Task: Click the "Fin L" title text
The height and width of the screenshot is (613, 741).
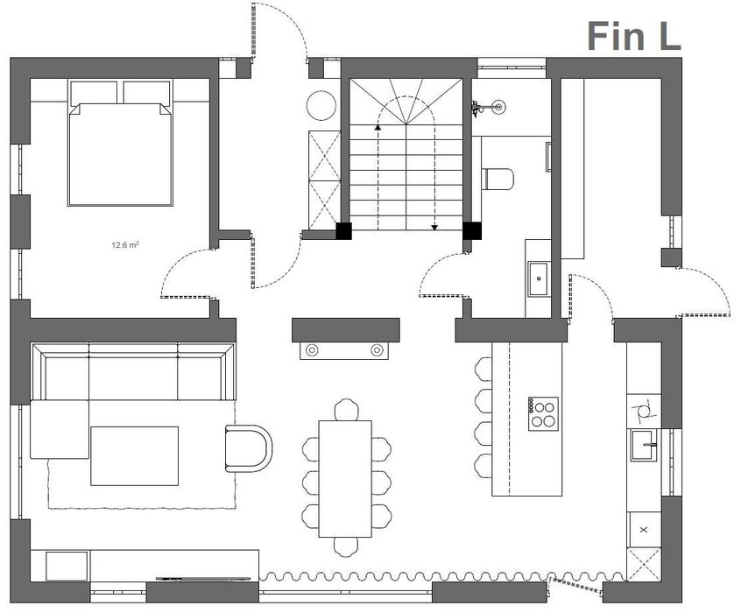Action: click(x=634, y=36)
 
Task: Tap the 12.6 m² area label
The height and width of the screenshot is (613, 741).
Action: click(x=124, y=245)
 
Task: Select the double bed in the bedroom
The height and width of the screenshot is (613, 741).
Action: click(x=121, y=143)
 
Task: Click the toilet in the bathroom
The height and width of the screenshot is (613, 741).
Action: click(x=498, y=180)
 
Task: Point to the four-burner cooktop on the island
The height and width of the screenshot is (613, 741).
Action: click(x=543, y=413)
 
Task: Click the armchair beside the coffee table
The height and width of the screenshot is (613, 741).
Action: click(x=249, y=448)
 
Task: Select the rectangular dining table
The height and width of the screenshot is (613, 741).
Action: click(x=345, y=479)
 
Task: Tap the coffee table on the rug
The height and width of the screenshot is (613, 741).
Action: click(x=135, y=455)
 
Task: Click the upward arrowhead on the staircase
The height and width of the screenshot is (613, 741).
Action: click(x=378, y=127)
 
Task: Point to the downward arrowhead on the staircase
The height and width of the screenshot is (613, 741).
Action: click(x=434, y=228)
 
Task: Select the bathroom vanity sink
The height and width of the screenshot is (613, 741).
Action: click(x=539, y=278)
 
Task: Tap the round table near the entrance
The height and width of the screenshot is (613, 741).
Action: click(x=321, y=106)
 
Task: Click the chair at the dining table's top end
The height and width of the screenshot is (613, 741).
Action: click(x=346, y=409)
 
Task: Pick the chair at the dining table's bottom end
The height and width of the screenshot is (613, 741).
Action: click(x=346, y=546)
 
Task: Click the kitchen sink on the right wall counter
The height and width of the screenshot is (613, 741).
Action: click(x=644, y=445)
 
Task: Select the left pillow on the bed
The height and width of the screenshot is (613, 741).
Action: click(x=94, y=93)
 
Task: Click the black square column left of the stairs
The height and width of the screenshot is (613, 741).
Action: click(x=343, y=230)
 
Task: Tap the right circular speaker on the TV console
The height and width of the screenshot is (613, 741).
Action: click(x=377, y=350)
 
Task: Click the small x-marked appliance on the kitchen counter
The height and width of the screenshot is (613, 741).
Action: click(x=643, y=530)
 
